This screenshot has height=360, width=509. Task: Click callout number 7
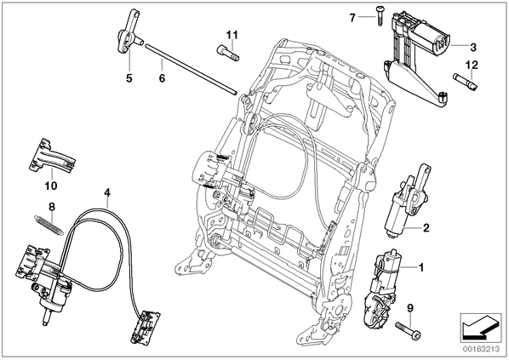(x=352, y=18)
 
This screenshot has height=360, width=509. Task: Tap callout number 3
(x=473, y=47)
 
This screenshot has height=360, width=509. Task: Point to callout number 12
(x=472, y=65)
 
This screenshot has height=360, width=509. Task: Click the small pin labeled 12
(x=466, y=82)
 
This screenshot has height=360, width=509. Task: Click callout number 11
(x=232, y=35)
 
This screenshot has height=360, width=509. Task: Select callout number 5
(x=129, y=78)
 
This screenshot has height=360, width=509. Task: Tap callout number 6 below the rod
(x=162, y=78)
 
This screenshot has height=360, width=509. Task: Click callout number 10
(x=51, y=186)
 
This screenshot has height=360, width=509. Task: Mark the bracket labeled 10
(x=51, y=156)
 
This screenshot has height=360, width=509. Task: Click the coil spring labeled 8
(x=49, y=225)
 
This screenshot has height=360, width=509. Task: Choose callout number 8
(x=52, y=207)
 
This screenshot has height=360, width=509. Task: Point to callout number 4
(x=107, y=193)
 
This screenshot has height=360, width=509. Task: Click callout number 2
(x=426, y=228)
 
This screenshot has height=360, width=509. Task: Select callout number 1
(x=421, y=268)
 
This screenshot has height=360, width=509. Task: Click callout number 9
(x=410, y=308)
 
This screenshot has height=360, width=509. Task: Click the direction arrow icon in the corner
(x=481, y=328)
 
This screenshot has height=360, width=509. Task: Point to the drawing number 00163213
(x=481, y=349)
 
